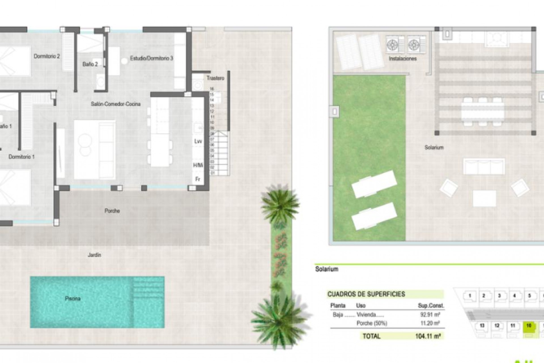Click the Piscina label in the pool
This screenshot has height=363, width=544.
[73, 298]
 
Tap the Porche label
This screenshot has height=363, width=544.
[112, 211]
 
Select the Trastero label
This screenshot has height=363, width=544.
[215, 78]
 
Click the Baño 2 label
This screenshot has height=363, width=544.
[90, 64]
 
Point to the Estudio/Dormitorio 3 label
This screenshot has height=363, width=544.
[151, 58]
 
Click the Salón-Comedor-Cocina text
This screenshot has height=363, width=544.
[116, 104]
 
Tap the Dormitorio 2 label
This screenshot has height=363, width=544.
[47, 56]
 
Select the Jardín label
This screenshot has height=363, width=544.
[94, 255]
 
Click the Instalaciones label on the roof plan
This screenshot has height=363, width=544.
[402, 59]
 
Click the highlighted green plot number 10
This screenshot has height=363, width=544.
[529, 326]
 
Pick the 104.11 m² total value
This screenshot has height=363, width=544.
[428, 336]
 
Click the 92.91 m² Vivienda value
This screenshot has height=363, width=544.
[430, 315]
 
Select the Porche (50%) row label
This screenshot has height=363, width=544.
[371, 323]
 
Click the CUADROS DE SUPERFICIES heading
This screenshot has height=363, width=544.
[366, 294]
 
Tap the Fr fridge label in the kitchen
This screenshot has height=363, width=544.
[198, 179]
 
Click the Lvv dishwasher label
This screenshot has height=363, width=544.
[198, 141]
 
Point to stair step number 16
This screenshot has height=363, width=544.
[212, 89]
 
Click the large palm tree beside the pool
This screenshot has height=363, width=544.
[279, 320]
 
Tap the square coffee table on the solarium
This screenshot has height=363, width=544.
[484, 198]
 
